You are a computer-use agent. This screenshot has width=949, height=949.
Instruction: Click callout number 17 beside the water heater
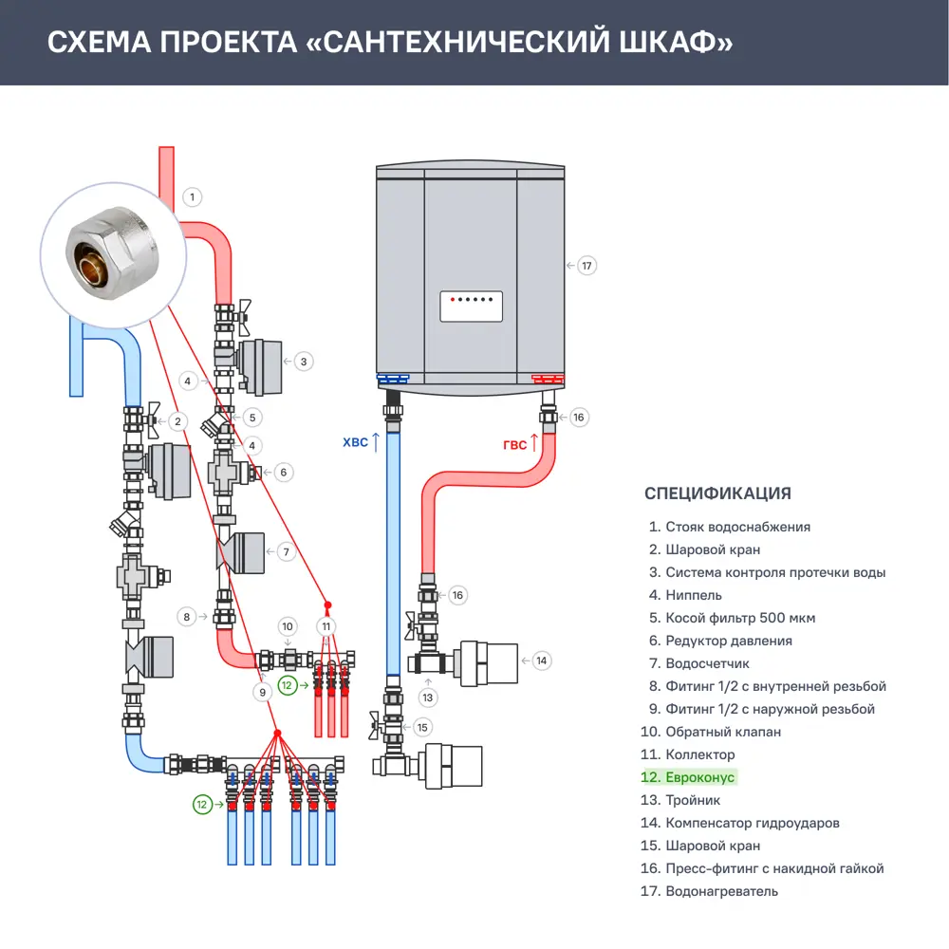pos(586,266)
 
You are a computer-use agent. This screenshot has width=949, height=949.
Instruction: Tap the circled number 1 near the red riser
pos(192,197)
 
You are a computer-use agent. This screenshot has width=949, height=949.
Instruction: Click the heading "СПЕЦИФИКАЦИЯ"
pos(717,493)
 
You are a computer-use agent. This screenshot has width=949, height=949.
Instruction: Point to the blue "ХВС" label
pos(353,442)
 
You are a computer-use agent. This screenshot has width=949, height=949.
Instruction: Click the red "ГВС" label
pos(514,444)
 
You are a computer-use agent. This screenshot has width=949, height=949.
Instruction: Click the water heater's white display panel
pos(471,307)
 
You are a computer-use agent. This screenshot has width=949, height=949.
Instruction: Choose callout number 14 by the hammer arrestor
pos(541,661)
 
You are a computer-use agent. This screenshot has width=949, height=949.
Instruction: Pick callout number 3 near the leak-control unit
pos(303,361)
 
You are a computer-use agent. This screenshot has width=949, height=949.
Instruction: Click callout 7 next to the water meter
pos(284,551)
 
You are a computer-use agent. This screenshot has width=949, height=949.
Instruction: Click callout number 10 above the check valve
pos(288,626)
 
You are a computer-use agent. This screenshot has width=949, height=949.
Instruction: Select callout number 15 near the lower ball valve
pos(423,727)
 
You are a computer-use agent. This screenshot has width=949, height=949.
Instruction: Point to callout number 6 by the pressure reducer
pos(282,472)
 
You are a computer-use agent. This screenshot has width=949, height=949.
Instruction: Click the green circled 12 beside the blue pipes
pos(202,804)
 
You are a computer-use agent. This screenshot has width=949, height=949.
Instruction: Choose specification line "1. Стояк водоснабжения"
pos(729,527)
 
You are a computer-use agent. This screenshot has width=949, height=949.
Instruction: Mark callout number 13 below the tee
pos(428,698)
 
